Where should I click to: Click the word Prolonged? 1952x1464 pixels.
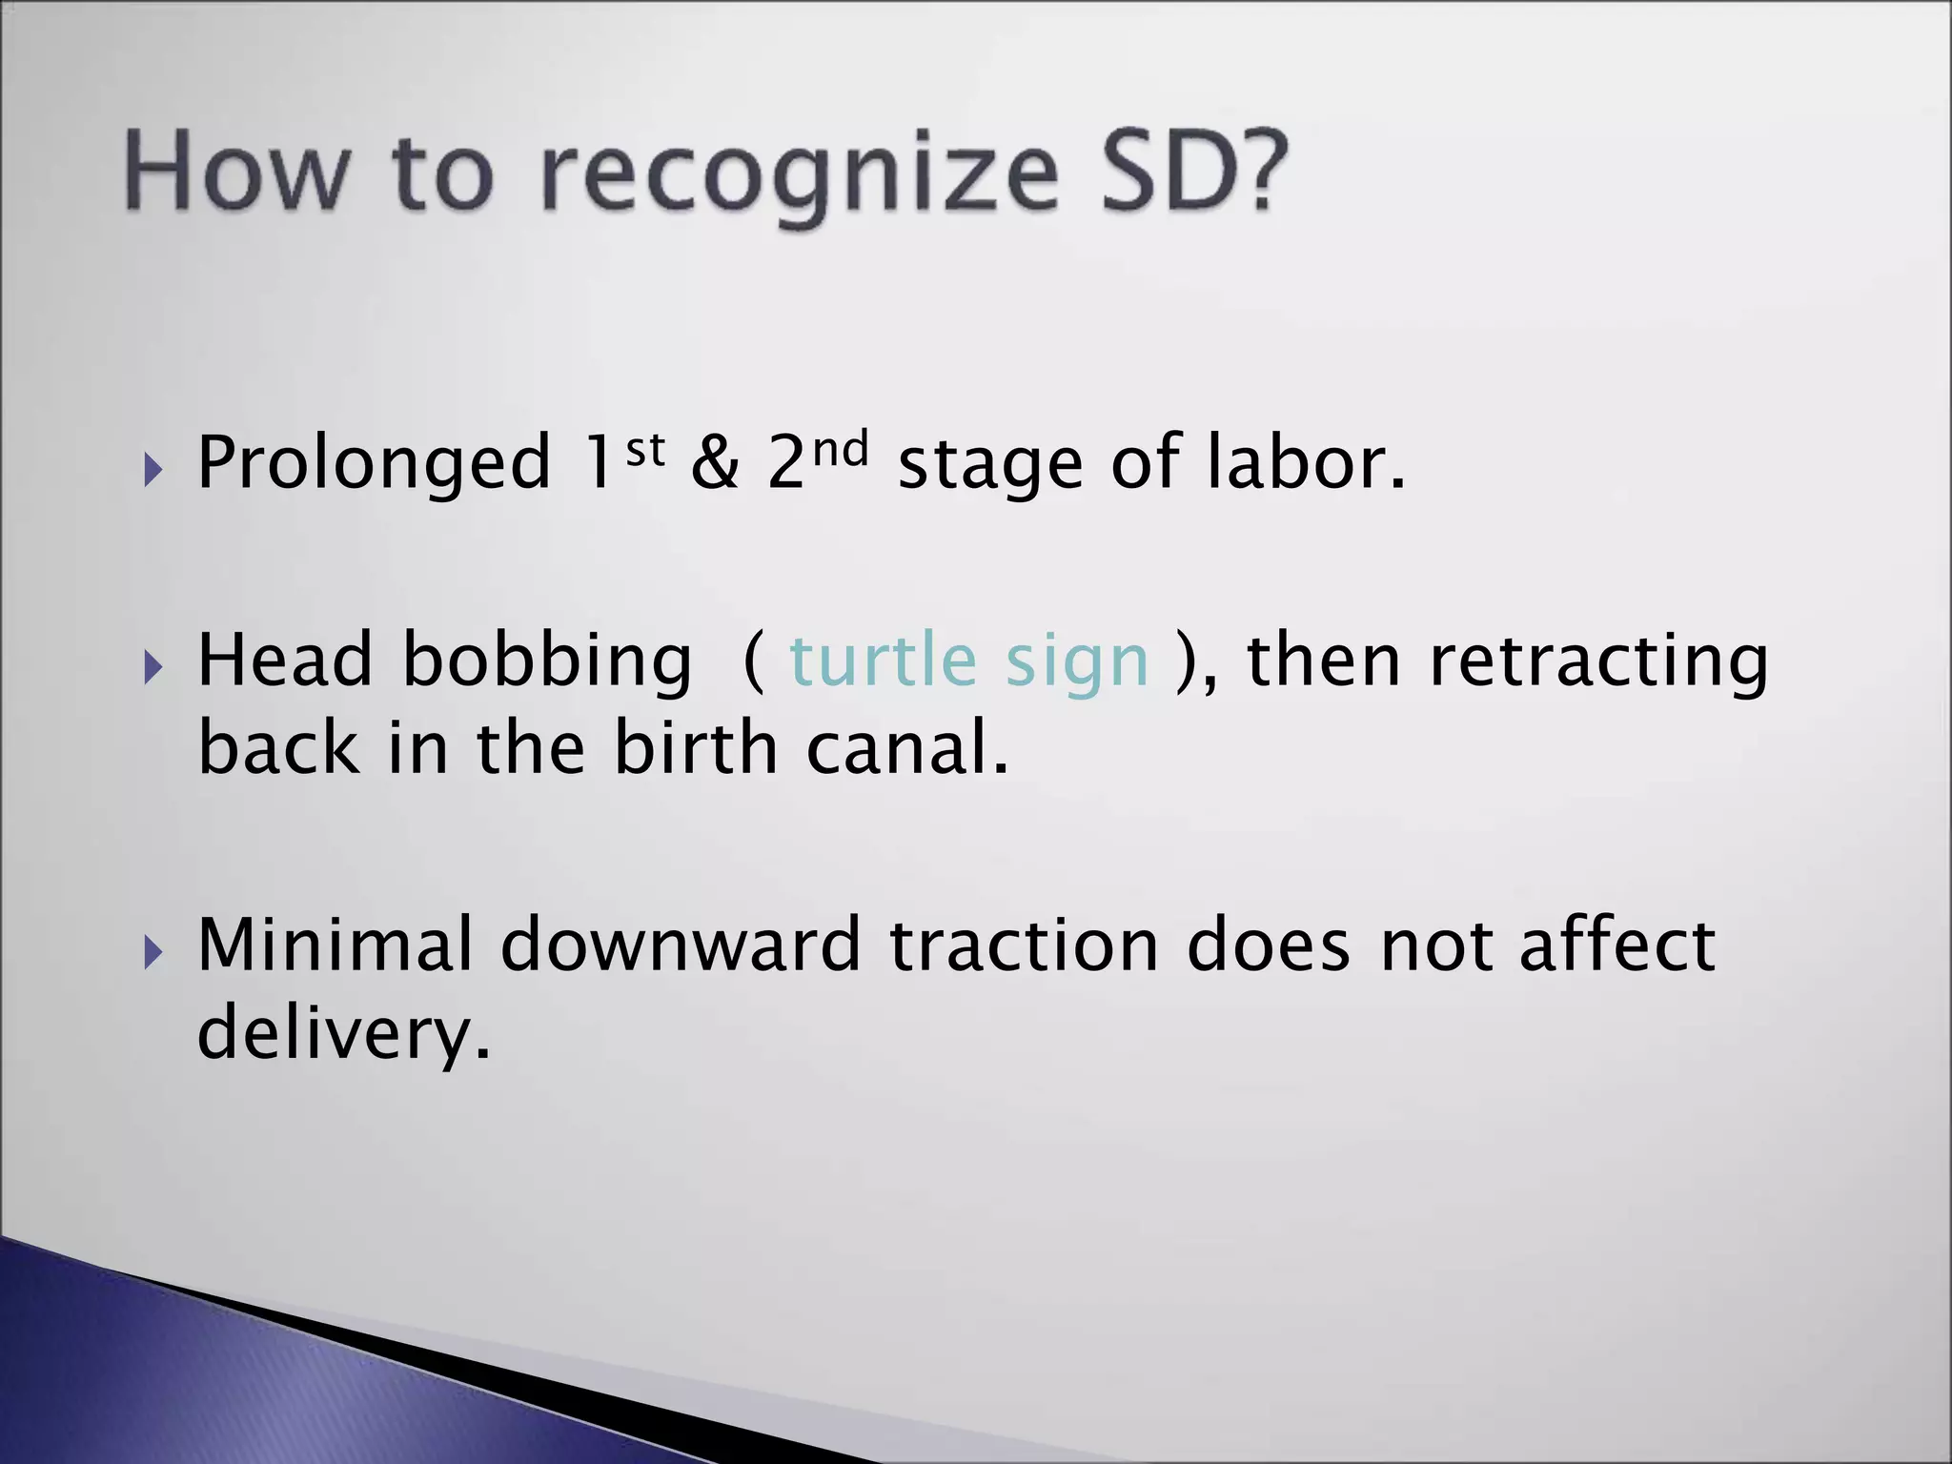(x=374, y=464)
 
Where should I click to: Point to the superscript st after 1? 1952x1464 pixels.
(x=644, y=448)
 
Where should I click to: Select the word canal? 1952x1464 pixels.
(x=906, y=747)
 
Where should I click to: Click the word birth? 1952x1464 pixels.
(x=695, y=747)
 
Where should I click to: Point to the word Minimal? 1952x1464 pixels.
(x=335, y=945)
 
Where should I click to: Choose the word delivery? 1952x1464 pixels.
(x=343, y=1033)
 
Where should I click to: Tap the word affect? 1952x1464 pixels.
(x=1616, y=945)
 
